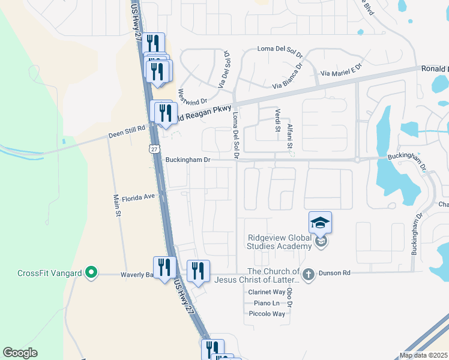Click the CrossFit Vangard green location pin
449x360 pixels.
click(91, 274)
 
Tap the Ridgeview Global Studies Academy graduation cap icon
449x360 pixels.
click(321, 223)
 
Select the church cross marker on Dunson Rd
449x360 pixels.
click(308, 274)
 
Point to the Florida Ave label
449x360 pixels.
click(139, 197)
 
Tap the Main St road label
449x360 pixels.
click(118, 205)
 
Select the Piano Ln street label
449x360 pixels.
click(267, 303)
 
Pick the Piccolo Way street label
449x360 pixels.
click(267, 314)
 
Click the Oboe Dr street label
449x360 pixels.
click(289, 298)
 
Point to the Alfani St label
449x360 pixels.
click(289, 137)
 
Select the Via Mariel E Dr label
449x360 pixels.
click(342, 70)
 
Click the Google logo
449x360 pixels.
click(20, 353)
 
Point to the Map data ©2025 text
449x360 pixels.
click(423, 355)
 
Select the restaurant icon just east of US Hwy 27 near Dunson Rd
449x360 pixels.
click(197, 271)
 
